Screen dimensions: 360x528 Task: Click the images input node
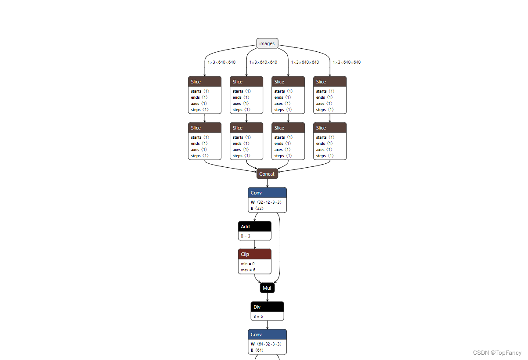point(267,43)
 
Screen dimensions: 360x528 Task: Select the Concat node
point(267,174)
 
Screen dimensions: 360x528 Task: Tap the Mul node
point(267,288)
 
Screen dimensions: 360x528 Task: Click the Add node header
point(254,227)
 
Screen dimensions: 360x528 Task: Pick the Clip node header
point(254,254)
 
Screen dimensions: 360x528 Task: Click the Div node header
point(267,307)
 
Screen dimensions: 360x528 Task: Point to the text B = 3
point(246,236)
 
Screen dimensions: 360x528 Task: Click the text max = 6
point(248,270)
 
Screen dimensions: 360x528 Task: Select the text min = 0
point(248,264)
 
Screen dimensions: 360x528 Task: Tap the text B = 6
point(258,316)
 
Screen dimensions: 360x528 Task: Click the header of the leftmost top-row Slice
point(205,82)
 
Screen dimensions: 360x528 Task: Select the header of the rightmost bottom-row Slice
point(330,128)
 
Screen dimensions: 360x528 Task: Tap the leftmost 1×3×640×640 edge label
point(221,62)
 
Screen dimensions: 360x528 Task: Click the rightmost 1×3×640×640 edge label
point(347,62)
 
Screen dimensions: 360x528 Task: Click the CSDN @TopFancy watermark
point(497,353)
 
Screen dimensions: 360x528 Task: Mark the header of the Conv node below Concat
point(267,193)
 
